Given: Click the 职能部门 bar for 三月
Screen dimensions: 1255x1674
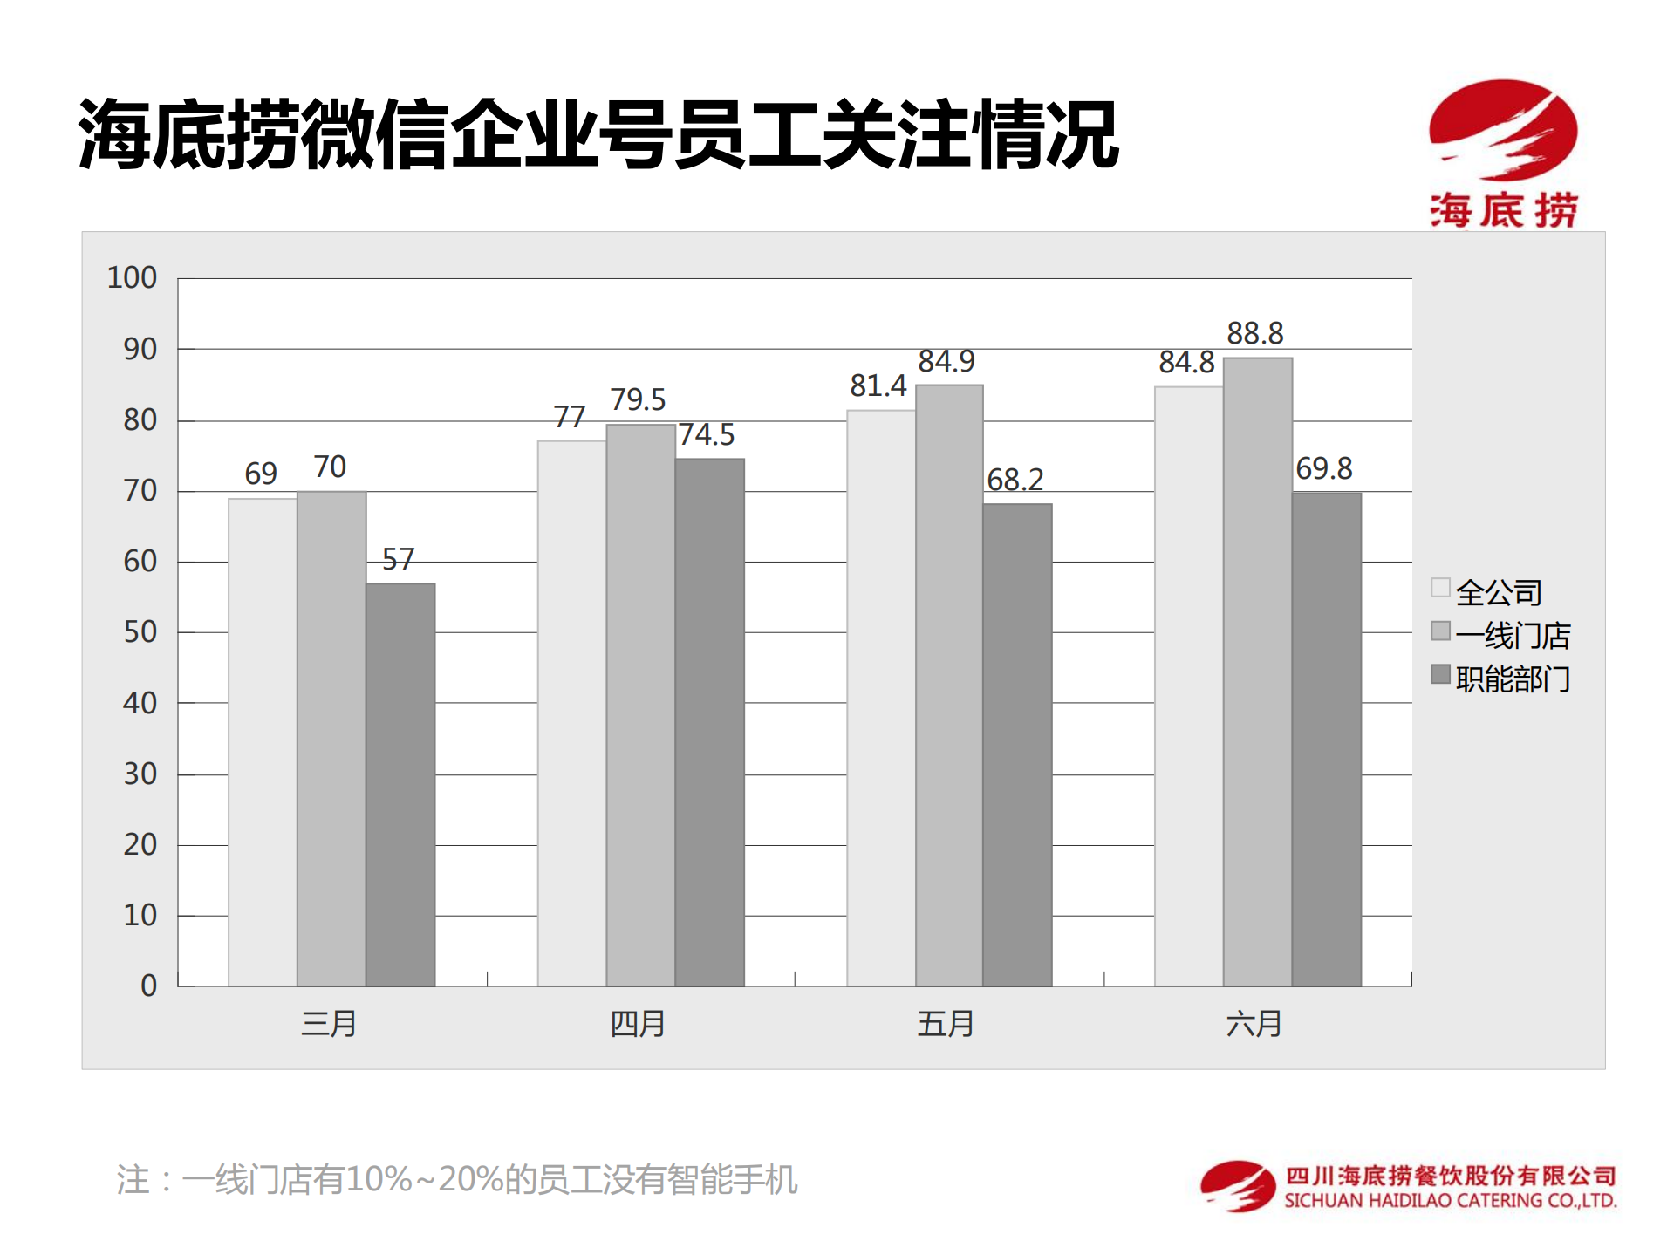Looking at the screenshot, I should [x=400, y=784].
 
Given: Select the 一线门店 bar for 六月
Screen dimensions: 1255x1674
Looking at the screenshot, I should [x=1257, y=672].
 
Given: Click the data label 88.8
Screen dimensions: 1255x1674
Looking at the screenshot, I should [x=1254, y=333].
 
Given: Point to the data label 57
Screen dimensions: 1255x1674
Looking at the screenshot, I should [x=398, y=559].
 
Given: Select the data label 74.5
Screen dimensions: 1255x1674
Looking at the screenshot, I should [x=707, y=434].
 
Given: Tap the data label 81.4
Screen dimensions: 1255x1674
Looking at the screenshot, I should [x=878, y=385].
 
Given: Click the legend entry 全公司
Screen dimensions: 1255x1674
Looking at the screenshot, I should [x=1497, y=592].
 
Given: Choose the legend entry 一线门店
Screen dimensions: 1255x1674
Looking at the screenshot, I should [x=1512, y=635].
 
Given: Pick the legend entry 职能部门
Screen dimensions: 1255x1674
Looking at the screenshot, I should [x=1512, y=678].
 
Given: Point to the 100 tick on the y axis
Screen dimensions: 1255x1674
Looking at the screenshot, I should [x=132, y=278].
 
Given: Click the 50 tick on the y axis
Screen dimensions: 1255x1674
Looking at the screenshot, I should [x=140, y=631].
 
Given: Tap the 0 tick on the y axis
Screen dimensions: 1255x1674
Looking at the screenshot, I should [x=148, y=986].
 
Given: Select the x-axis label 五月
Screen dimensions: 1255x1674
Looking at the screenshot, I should [x=946, y=1023].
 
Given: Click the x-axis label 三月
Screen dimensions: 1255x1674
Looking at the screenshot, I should [x=329, y=1023].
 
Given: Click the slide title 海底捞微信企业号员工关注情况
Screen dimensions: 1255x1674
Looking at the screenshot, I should [x=598, y=134].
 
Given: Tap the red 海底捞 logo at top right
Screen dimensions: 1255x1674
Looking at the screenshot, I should [x=1503, y=153].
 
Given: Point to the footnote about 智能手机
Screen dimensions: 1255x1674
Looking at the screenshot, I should [x=456, y=1179].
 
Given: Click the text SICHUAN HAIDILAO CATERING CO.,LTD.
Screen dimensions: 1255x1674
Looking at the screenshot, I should [x=1450, y=1201].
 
